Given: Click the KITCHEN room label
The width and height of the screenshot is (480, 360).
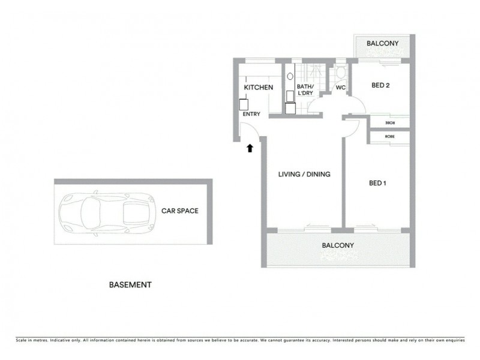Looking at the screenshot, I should tap(259, 88).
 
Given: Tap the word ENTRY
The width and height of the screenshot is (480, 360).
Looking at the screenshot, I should tap(251, 113).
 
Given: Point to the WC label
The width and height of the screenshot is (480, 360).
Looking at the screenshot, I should tap(340, 88).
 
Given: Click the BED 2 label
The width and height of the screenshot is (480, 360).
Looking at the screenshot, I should tap(380, 85).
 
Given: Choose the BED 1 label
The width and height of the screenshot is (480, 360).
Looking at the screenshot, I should tap(377, 183).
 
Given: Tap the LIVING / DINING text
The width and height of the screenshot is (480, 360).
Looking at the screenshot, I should tap(304, 175).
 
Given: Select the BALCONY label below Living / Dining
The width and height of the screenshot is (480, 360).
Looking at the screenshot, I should tap(338, 245).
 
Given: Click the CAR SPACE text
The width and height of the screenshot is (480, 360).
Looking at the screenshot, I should tap(179, 211).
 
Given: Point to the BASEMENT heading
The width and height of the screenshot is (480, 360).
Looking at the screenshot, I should tap(130, 285).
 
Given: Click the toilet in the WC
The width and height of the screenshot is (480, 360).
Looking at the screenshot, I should tap(340, 73).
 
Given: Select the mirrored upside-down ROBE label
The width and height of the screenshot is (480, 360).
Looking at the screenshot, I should tap(390, 123).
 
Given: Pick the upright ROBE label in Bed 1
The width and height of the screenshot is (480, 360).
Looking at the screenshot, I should tap(390, 137).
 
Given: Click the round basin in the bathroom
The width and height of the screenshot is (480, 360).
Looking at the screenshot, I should tap(290, 77).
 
